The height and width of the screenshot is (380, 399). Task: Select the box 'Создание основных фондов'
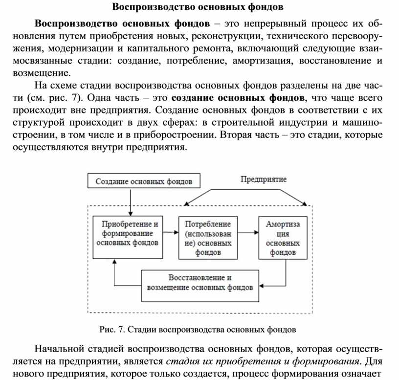coord(144,181)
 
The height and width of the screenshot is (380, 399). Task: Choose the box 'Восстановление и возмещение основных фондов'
coord(200,282)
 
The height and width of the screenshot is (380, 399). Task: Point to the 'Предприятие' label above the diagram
coord(263,179)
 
